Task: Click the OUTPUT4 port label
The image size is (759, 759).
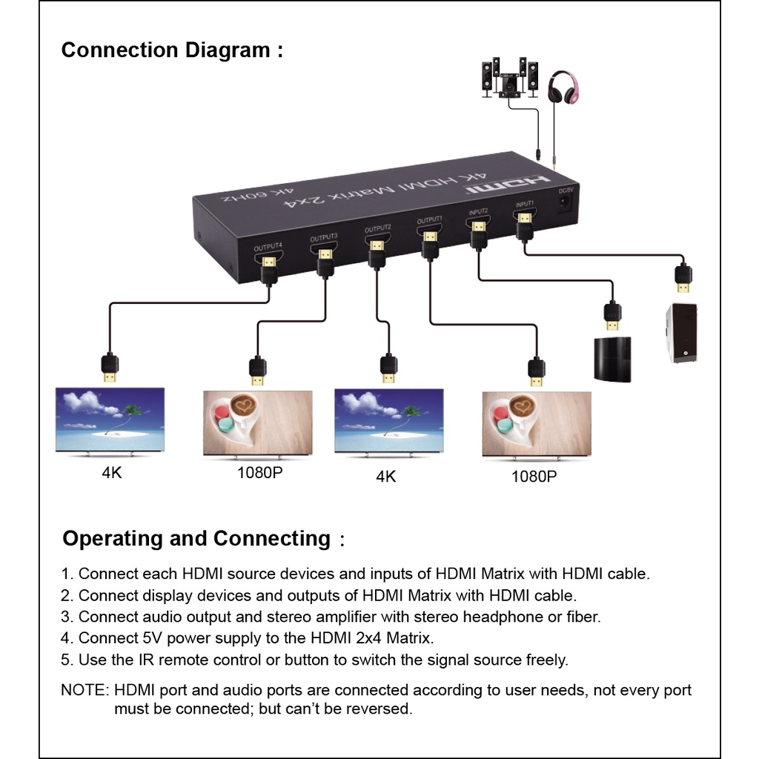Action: click(x=268, y=245)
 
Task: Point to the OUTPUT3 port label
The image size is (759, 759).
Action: click(x=324, y=237)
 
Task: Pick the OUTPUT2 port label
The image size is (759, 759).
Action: click(x=377, y=229)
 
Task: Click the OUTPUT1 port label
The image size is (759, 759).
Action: click(x=429, y=220)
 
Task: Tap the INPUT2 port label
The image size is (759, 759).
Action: click(x=479, y=212)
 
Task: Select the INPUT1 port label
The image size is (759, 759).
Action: click(x=525, y=204)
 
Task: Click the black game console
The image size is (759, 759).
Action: click(x=611, y=359)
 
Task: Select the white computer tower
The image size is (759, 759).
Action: click(x=680, y=333)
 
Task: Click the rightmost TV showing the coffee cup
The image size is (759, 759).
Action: click(x=537, y=423)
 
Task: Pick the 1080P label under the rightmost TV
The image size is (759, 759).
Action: click(x=534, y=477)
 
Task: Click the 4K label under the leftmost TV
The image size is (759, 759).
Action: click(x=112, y=473)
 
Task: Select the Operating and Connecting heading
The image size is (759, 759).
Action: click(x=196, y=538)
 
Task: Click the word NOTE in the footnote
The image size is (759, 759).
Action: click(x=84, y=690)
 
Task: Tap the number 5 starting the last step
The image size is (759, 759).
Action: click(x=65, y=660)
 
